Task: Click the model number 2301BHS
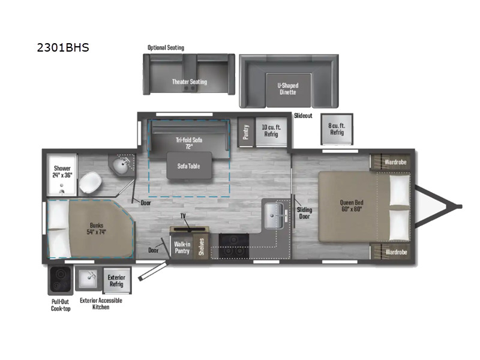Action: tap(63, 48)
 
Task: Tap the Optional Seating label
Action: tap(166, 47)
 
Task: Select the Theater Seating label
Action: tap(190, 82)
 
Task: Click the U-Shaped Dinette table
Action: tap(289, 89)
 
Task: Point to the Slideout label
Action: tap(303, 116)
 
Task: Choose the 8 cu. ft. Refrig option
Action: tap(337, 129)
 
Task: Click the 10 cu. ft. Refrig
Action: tap(271, 131)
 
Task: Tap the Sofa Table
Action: tap(189, 166)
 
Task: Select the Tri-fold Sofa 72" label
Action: tap(189, 143)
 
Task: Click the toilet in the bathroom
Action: tap(91, 182)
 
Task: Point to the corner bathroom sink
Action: tap(122, 165)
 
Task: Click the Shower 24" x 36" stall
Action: tap(62, 175)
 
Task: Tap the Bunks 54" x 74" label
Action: tap(97, 229)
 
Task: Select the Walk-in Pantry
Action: tap(182, 247)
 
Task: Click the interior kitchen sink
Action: tap(274, 216)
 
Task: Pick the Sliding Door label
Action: tap(305, 213)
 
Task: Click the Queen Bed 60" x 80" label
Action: tap(352, 206)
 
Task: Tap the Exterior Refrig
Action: tap(116, 280)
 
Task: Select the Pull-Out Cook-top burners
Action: tap(61, 279)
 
